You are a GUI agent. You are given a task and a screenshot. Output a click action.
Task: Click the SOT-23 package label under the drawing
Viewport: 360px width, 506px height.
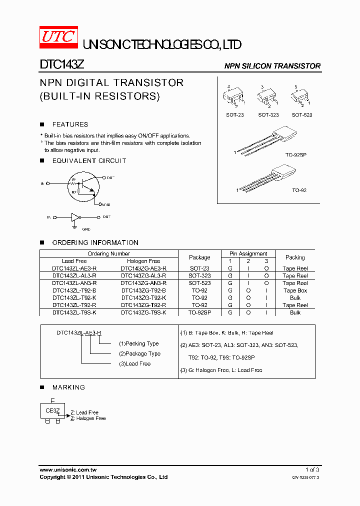[x=235, y=115]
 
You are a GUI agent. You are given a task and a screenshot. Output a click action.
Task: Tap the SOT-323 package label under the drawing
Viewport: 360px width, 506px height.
[x=268, y=115]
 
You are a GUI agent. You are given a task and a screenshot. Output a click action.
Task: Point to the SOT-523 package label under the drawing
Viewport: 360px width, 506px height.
[x=302, y=115]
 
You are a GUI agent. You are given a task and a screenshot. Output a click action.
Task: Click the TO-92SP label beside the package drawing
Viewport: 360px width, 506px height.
[x=295, y=155]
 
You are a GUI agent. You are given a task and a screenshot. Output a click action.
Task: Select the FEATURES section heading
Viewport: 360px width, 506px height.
[x=70, y=124]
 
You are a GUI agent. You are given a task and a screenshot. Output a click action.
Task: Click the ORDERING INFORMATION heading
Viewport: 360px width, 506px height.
[x=95, y=242]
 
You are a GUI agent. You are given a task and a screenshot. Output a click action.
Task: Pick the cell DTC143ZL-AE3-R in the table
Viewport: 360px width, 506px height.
[x=74, y=268]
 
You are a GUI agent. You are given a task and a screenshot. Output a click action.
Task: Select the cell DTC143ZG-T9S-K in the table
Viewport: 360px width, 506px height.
[x=143, y=312]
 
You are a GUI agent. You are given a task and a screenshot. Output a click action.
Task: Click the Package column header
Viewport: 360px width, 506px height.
[x=199, y=257]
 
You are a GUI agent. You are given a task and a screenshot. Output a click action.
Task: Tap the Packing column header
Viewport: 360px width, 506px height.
[x=295, y=257]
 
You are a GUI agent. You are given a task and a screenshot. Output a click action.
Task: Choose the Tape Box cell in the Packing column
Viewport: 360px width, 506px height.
[x=295, y=290]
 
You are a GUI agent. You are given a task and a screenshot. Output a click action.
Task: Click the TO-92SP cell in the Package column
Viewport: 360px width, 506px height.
[x=199, y=312]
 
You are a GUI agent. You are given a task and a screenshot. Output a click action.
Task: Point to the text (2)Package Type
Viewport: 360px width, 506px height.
[x=139, y=353]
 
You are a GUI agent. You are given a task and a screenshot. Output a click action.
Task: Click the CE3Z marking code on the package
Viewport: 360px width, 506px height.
[x=52, y=410]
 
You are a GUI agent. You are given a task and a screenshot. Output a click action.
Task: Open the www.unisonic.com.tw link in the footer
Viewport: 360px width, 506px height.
[x=67, y=470]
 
